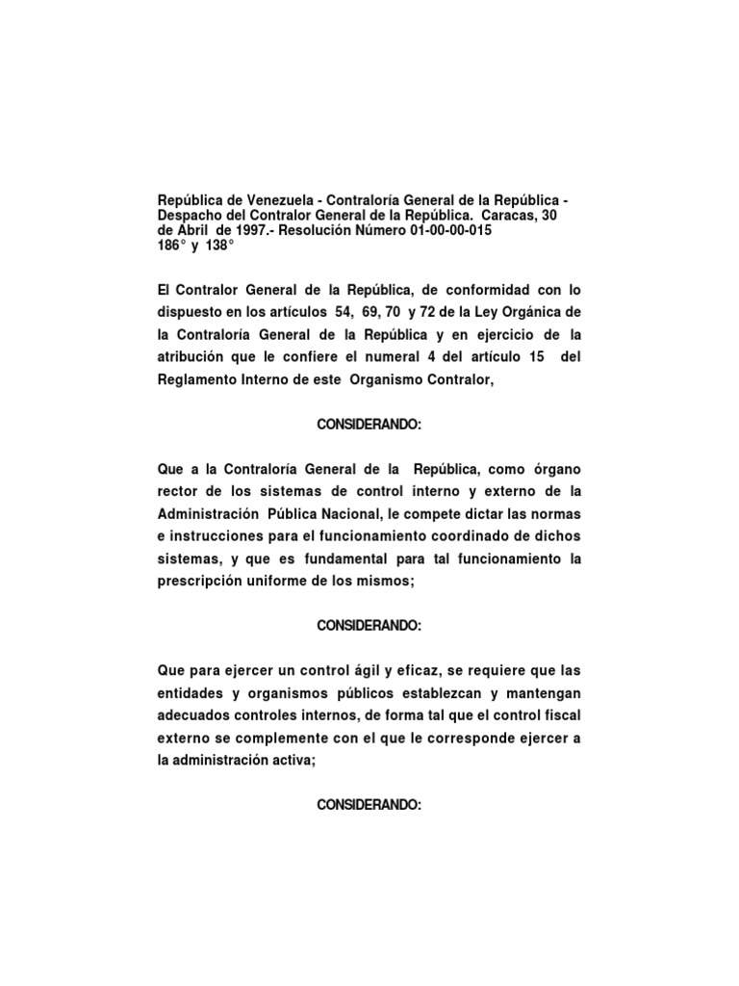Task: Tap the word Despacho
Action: (x=191, y=215)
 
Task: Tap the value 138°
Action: (x=218, y=246)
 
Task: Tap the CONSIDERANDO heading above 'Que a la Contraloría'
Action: (x=369, y=425)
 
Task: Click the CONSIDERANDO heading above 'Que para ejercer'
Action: (x=369, y=626)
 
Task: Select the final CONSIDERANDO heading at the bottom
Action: (x=369, y=806)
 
